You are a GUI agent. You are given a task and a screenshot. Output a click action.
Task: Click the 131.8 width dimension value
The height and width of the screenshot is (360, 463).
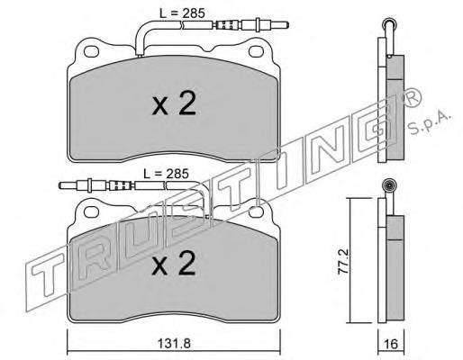pos(174,343)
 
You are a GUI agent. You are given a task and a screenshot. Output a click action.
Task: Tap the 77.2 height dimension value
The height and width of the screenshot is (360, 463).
pos(343,261)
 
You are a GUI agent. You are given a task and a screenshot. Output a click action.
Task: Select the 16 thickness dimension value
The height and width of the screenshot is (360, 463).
pos(391,344)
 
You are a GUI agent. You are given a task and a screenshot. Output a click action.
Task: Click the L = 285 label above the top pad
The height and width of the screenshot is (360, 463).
pos(182,13)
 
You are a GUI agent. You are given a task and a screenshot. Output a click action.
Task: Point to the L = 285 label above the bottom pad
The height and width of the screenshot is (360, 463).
pos(166,174)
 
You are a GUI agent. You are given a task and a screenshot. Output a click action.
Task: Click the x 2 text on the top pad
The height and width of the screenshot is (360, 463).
pos(174,103)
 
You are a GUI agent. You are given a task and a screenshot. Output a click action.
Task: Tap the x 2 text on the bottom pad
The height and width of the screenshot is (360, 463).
pos(174,264)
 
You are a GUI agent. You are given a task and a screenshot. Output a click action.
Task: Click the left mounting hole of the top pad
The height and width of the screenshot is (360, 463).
pos(91,51)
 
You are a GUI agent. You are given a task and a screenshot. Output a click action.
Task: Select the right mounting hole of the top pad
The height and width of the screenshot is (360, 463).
pos(256,51)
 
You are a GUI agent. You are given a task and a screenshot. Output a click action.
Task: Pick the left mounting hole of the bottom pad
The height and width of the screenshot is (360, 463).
pos(91,211)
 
